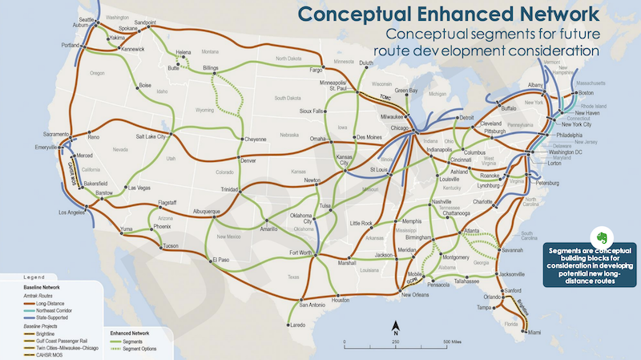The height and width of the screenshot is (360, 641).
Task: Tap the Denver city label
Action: [248, 160]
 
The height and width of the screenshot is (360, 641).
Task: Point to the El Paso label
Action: [222, 259]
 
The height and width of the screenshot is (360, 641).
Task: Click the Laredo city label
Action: [298, 325]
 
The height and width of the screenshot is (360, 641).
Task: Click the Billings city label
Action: [211, 67]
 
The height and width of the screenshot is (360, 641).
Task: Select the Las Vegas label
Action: [139, 188]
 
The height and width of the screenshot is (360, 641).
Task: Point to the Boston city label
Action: [588, 94]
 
